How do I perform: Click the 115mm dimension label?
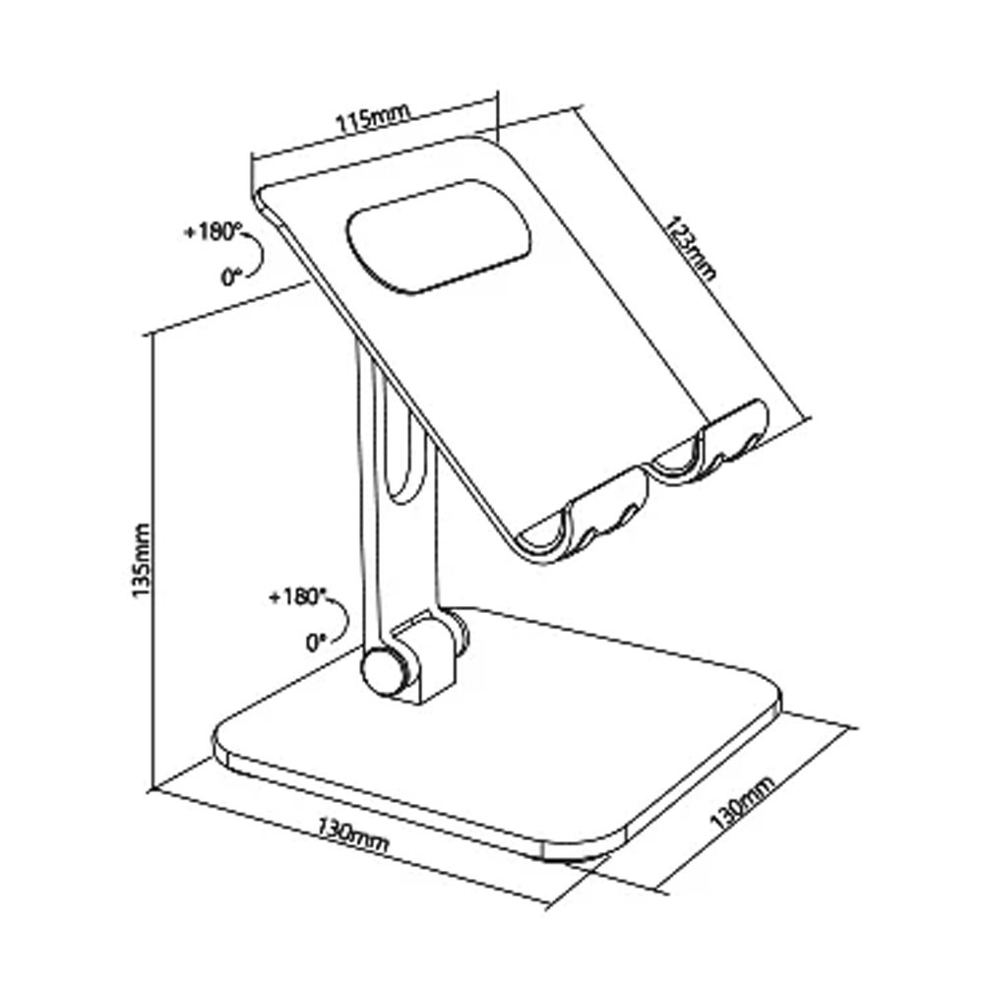point(371,120)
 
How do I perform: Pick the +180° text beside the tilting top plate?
point(212,232)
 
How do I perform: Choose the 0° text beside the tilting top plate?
point(230,277)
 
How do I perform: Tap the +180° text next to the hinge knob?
point(295,597)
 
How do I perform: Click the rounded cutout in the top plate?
point(439,235)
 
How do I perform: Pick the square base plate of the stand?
point(551,728)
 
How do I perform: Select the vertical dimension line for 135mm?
point(154,561)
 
